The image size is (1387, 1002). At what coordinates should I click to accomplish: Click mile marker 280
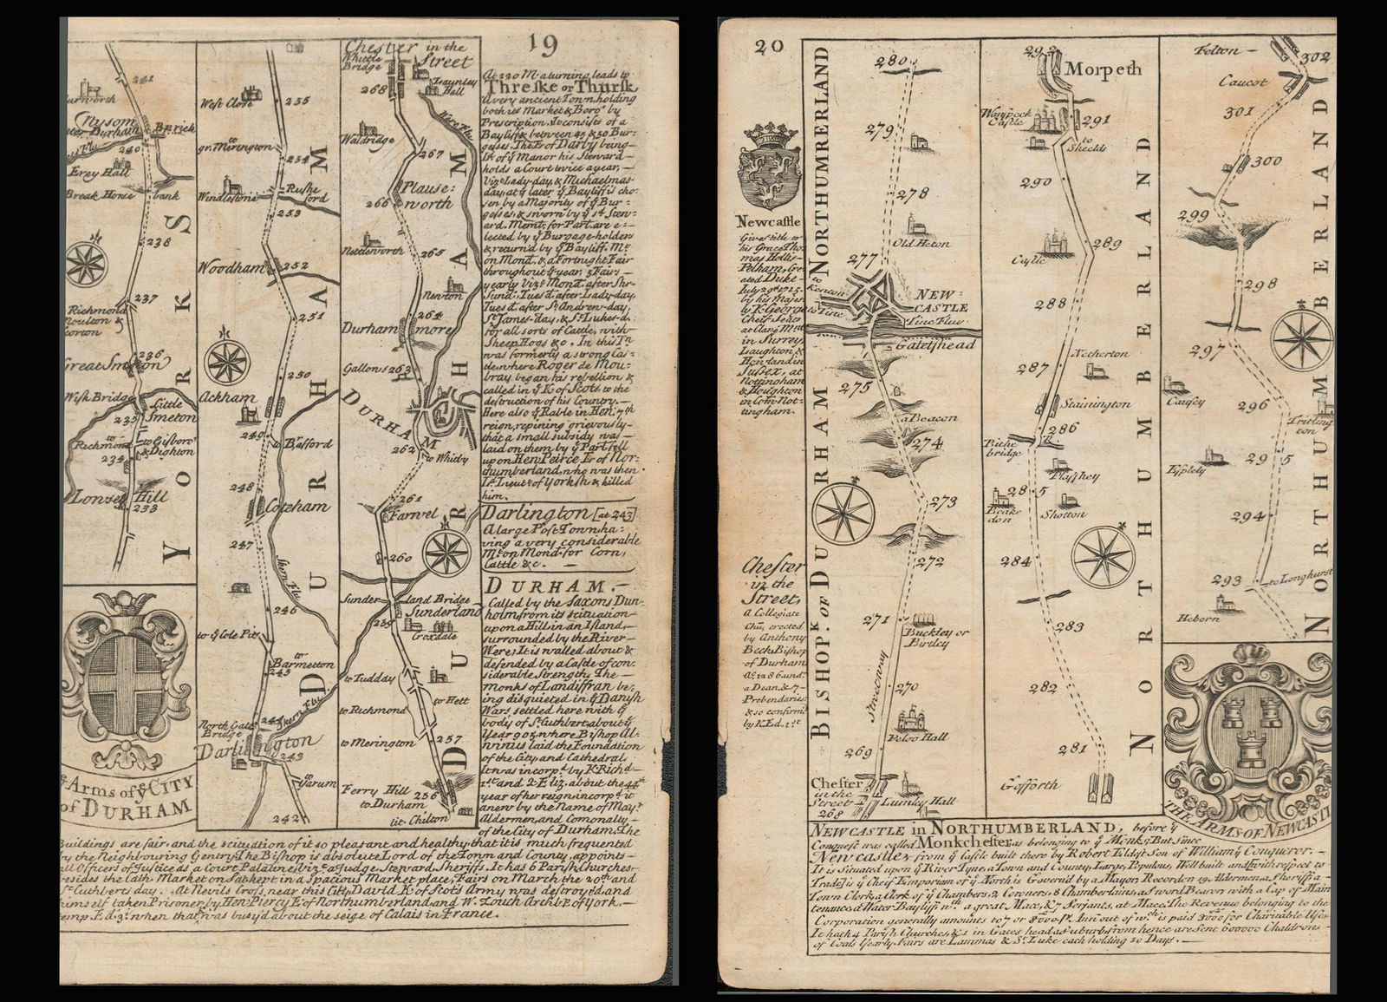click(890, 62)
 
